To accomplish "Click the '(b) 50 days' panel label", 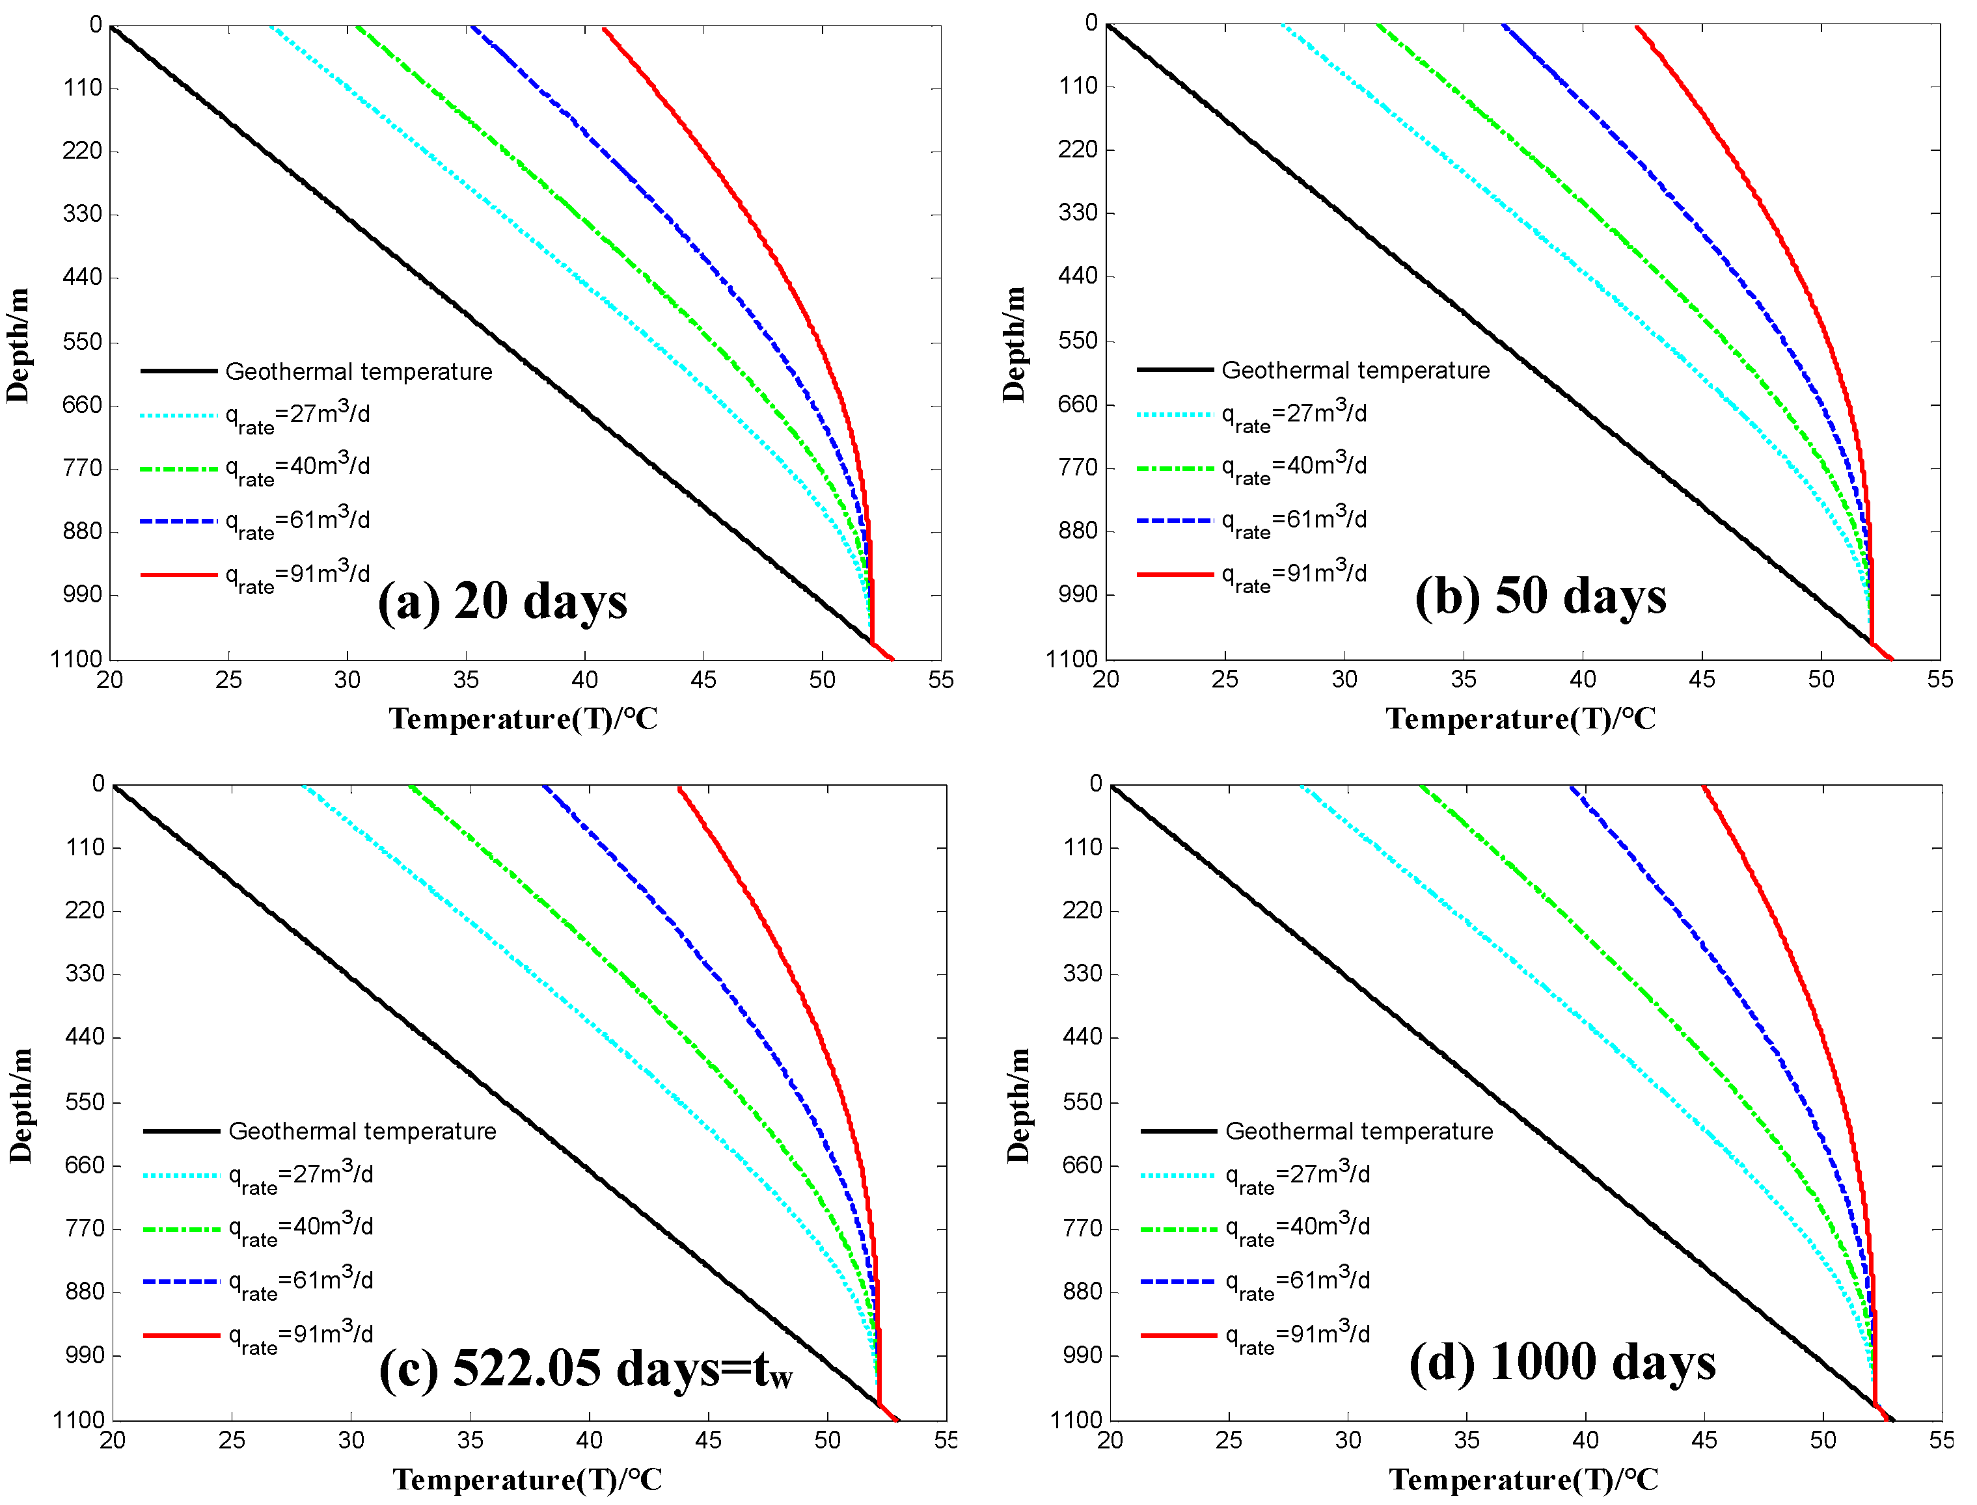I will click(x=1540, y=596).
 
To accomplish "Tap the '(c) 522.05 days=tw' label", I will click(x=585, y=1368).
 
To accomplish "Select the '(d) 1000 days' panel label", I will click(x=1561, y=1362).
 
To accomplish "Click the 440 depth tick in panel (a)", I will click(x=83, y=278).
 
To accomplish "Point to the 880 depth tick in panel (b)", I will click(x=1078, y=531).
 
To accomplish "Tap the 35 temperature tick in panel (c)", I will click(x=470, y=1441).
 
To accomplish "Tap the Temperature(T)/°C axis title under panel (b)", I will click(x=1520, y=719).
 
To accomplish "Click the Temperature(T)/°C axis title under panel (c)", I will click(x=527, y=1480).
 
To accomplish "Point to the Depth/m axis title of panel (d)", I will click(x=1018, y=1106).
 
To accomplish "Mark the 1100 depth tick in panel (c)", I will click(x=79, y=1420).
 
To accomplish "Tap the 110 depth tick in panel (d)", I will click(x=1084, y=847).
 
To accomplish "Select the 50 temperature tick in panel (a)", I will click(x=822, y=680).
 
